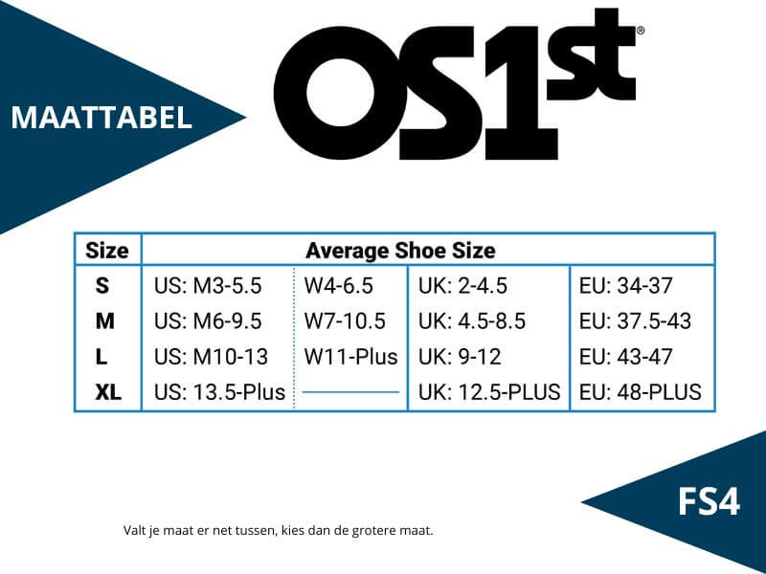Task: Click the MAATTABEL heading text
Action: (101, 118)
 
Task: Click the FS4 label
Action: (709, 501)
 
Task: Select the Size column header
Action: (107, 251)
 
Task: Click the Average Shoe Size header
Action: (400, 251)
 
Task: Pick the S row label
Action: (102, 285)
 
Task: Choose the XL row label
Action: (108, 392)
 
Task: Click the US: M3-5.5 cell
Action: (208, 285)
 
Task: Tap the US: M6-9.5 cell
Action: (208, 321)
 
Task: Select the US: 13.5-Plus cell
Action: (219, 392)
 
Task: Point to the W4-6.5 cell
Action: (339, 285)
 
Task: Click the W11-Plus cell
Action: (350, 357)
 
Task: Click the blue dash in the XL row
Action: (350, 391)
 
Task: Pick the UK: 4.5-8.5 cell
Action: (472, 321)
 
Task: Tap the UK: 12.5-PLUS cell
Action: (489, 392)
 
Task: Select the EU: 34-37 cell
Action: (626, 285)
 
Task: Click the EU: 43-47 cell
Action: (626, 357)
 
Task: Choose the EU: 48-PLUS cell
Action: (641, 392)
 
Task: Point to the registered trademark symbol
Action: (641, 31)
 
